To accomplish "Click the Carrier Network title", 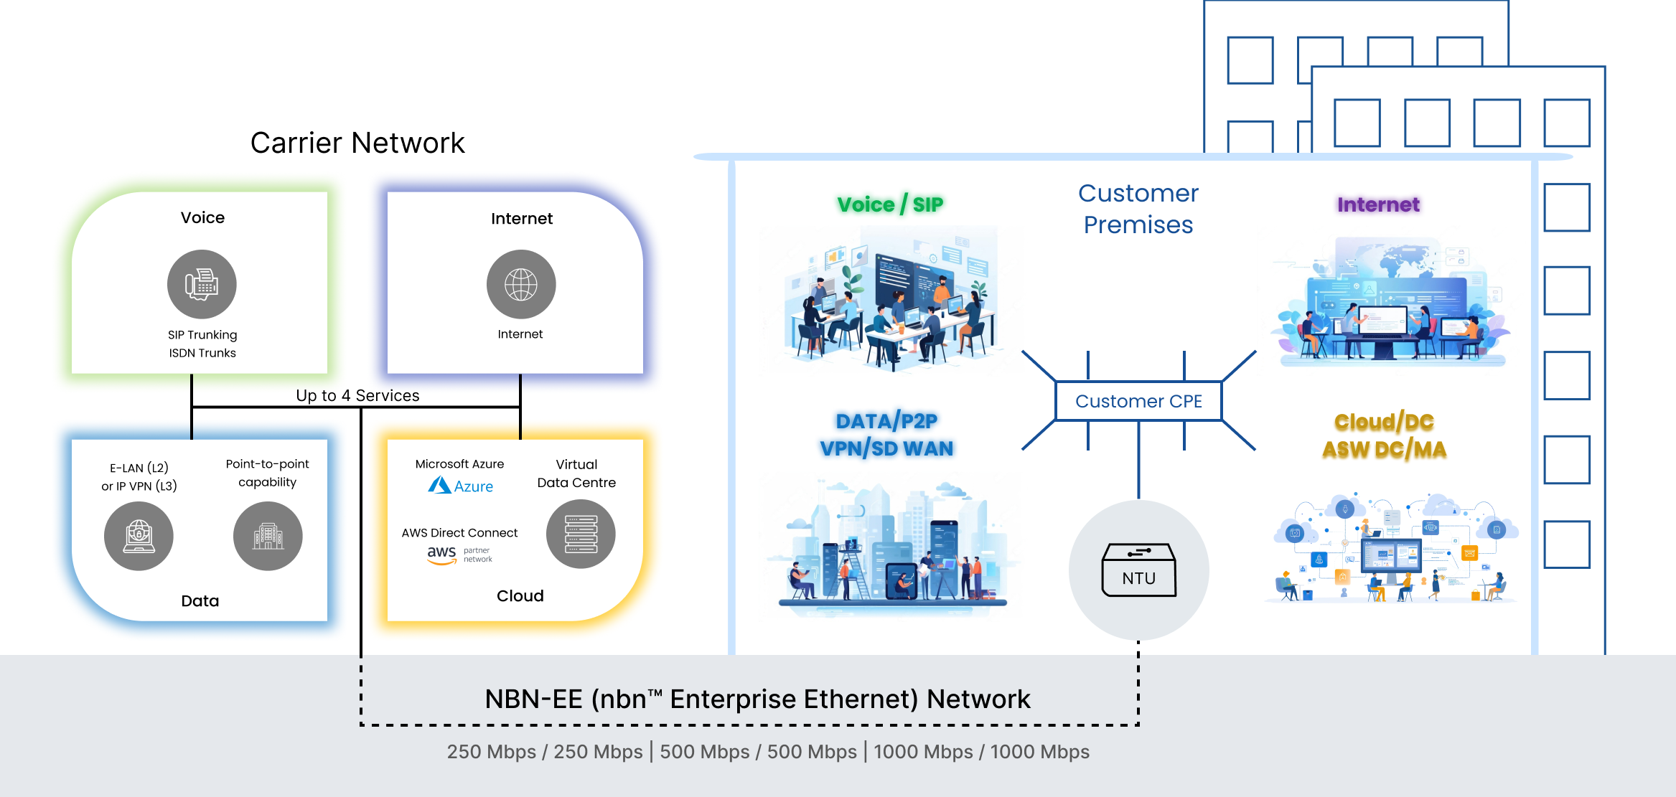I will click(357, 143).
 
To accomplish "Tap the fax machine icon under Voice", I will click(202, 284).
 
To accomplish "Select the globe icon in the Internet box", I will click(521, 284).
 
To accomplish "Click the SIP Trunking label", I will click(202, 335).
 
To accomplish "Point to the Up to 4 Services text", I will click(357, 395).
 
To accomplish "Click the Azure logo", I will click(461, 486).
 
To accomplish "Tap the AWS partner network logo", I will click(459, 555).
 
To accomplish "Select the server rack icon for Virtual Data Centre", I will click(581, 534).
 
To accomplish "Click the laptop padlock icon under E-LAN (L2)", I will click(139, 536).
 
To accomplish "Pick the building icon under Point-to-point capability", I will click(268, 536).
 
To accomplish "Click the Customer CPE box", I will click(1138, 401).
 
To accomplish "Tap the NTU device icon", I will click(1138, 570).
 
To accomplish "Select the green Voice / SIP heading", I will click(890, 204).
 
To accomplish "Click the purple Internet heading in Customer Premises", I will click(1378, 204).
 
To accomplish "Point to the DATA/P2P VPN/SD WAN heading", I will click(887, 435).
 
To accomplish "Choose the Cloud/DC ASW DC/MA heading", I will click(1384, 435).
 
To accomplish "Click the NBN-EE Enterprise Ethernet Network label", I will click(757, 699).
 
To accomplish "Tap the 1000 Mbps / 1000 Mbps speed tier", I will click(981, 752).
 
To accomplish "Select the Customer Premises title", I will click(1138, 209).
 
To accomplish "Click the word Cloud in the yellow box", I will click(520, 595).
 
